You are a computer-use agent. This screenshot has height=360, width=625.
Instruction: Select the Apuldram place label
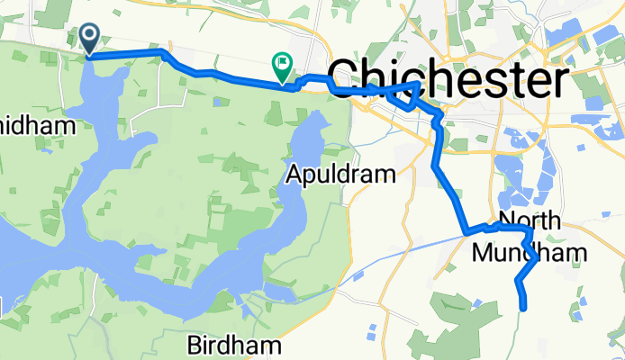[x=341, y=174]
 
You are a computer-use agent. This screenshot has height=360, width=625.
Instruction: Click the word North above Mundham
[x=530, y=221]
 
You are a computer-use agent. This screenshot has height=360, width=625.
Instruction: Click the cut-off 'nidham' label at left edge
[x=37, y=125]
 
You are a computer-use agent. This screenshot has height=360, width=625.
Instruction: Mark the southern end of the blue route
[x=522, y=309]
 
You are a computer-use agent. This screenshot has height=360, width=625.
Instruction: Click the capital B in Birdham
[x=195, y=345]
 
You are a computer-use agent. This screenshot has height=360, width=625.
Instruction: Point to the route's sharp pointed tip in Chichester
[x=419, y=84]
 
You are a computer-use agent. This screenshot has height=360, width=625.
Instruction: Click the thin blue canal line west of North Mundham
[x=405, y=248]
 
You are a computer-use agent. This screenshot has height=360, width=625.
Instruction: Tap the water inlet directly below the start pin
[x=94, y=90]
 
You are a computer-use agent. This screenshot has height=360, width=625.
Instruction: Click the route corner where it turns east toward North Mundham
[x=466, y=233]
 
